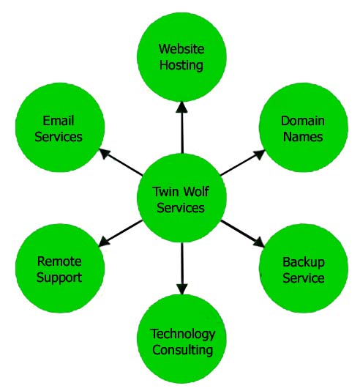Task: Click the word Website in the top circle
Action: coord(182,50)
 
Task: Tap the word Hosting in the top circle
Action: coord(182,64)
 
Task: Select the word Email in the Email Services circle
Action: coord(59,121)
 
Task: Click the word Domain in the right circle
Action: coord(302,121)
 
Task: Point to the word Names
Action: coord(302,136)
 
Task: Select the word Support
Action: coord(59,278)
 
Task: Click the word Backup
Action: coord(303,262)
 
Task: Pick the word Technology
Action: coord(182,334)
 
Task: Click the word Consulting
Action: coord(182,349)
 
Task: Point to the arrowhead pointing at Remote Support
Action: coord(104,243)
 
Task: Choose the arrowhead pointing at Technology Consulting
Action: coord(182,290)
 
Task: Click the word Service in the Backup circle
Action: coord(303,278)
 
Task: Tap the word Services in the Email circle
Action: coord(59,136)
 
